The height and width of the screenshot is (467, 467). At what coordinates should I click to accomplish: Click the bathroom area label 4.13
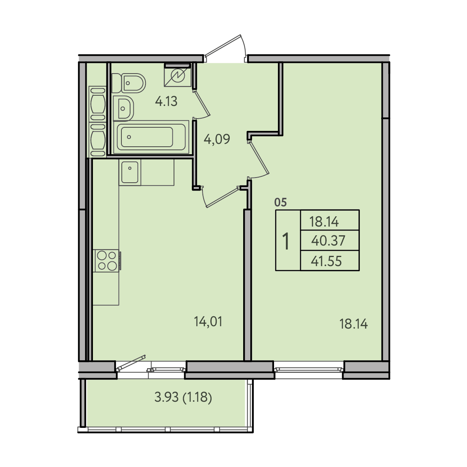tap(166, 102)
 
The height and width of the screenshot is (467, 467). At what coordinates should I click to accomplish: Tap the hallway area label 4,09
tap(217, 139)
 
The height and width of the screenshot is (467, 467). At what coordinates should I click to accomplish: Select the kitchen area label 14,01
tap(208, 322)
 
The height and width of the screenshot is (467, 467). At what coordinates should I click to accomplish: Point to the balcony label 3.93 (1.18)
tap(183, 397)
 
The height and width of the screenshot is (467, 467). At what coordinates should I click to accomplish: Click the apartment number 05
tap(280, 202)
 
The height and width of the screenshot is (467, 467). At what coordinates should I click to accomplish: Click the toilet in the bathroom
tap(129, 83)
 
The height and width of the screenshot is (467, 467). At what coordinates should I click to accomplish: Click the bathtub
tap(151, 137)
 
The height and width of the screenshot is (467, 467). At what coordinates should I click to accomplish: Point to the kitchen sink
tap(130, 172)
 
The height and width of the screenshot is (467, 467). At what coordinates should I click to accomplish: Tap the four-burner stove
tap(107, 261)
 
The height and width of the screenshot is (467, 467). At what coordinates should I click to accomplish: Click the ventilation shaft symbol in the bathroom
tap(178, 76)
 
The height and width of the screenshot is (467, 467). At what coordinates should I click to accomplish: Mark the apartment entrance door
tap(225, 48)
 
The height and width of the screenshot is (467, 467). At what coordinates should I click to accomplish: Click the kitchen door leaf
tap(222, 197)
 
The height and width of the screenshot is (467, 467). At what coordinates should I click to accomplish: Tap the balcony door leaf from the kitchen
tap(131, 363)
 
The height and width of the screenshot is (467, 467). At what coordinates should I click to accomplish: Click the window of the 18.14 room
tap(308, 369)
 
